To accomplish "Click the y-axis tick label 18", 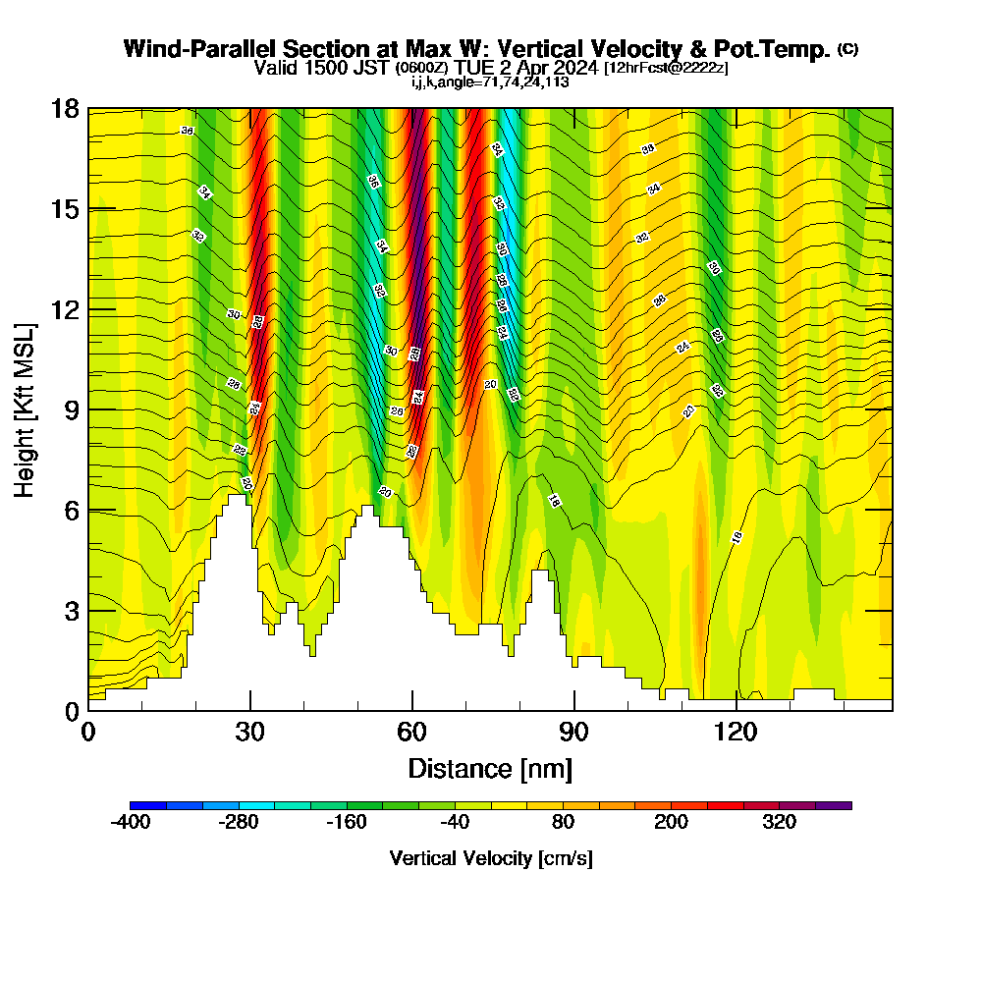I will click(x=65, y=109).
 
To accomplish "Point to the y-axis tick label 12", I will click(x=65, y=309).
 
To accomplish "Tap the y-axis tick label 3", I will click(x=72, y=611).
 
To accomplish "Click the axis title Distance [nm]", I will click(x=490, y=768).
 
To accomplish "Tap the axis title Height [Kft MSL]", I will click(x=26, y=409).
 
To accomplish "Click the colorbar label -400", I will click(x=131, y=823).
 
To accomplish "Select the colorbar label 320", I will click(x=779, y=823).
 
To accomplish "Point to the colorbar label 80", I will click(x=563, y=823).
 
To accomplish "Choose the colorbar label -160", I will click(x=347, y=823).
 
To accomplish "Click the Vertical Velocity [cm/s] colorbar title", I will click(x=490, y=858).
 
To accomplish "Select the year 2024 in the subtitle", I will click(x=571, y=68).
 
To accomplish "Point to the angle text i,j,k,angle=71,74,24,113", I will click(x=490, y=82).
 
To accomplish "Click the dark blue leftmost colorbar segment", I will click(x=148, y=805).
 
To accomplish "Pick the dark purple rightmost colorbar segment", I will click(x=833, y=805).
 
